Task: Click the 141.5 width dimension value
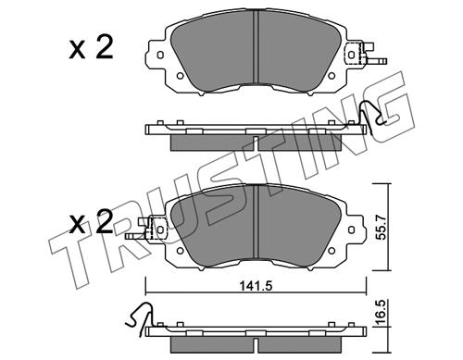coord(256,287)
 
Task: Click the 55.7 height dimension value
coord(382,228)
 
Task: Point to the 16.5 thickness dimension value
coord(382,311)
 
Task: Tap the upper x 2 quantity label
coord(91,48)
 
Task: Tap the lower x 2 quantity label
coord(91,222)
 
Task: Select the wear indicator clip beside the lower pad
coord(145,229)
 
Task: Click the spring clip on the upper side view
coord(372,117)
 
